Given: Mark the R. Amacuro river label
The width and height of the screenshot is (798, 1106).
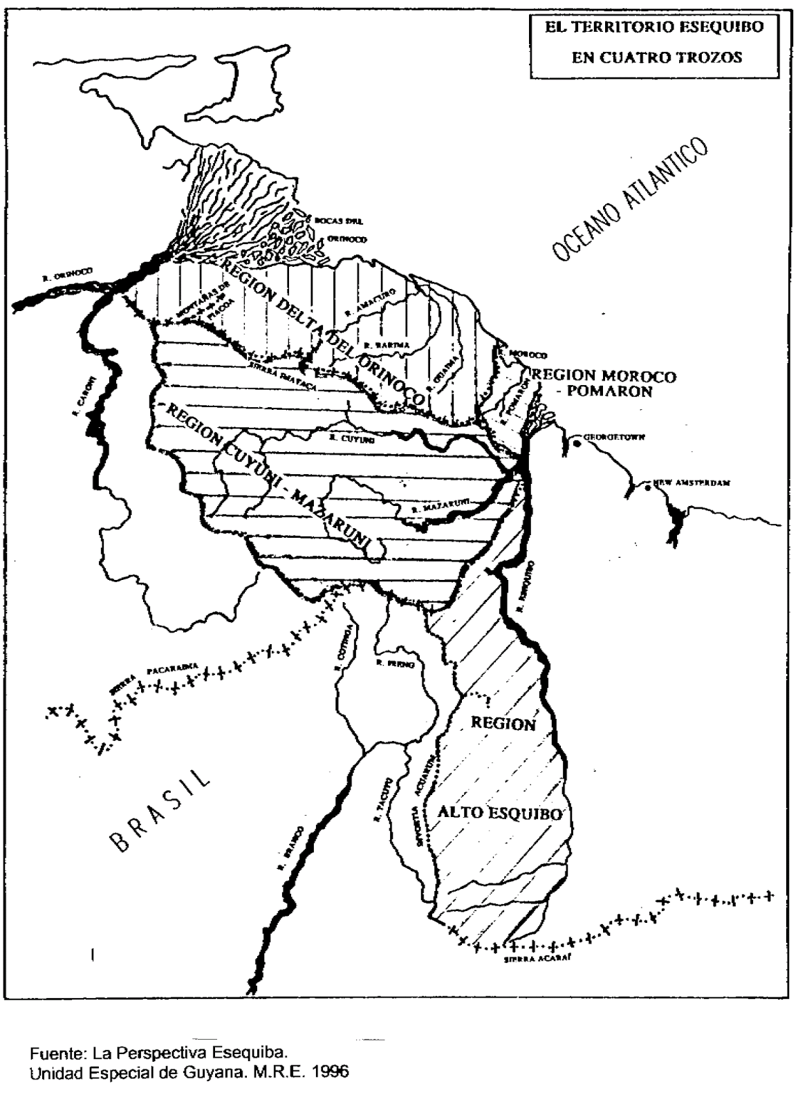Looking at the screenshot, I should tap(370, 302).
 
